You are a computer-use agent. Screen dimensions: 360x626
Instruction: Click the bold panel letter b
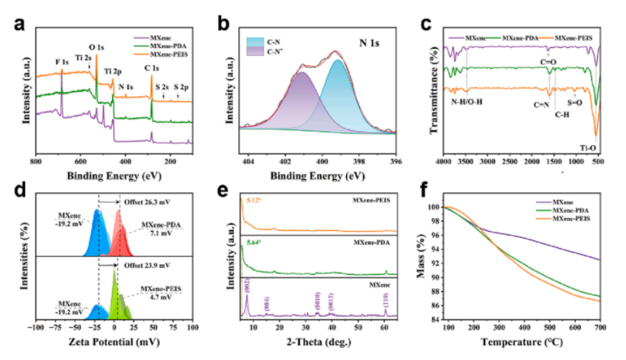[x=224, y=24]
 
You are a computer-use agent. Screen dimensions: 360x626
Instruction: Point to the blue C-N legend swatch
[x=256, y=42]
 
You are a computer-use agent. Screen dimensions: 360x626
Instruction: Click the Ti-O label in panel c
[x=589, y=148]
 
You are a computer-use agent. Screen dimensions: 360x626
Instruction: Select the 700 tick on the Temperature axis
[x=600, y=327]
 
